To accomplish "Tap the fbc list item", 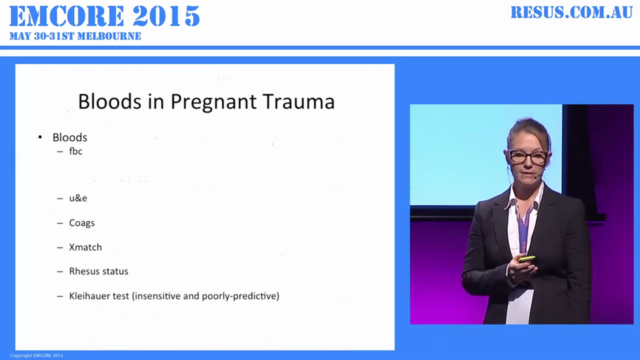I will pos(75,151).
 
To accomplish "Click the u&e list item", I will pos(78,198).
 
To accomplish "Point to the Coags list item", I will pos(81,223).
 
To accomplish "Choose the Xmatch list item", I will pos(85,247).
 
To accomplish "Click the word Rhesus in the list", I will pos(84,271).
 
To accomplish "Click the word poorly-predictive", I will pos(239,296).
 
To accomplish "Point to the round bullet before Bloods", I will pos(40,137).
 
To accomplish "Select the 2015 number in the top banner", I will pos(167,16).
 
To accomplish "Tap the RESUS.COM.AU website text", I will pos(571,12).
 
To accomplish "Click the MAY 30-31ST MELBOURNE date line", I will pos(75,36).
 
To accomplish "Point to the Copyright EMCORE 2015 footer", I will pos(37,355).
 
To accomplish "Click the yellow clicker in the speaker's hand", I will pos(526,258).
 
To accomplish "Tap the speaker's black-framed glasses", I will pos(528,156).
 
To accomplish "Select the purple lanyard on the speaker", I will pos(523,225).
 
